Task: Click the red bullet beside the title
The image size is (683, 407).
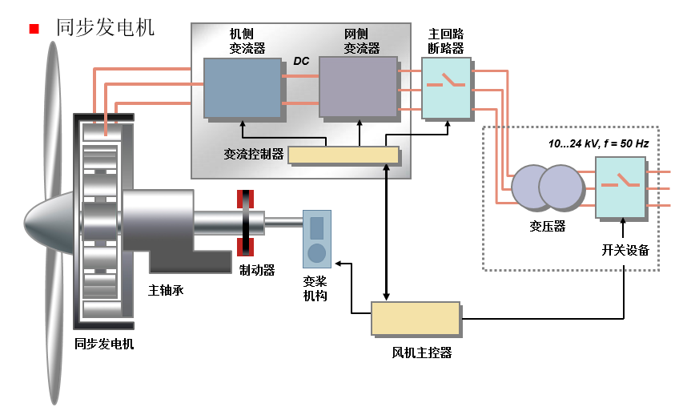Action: coord(34,30)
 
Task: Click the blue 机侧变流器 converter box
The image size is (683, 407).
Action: coord(242,87)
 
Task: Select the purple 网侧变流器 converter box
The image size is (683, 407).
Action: coord(358,87)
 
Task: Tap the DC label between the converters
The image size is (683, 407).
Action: coord(301,61)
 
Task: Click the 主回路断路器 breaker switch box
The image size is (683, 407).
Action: coord(446,88)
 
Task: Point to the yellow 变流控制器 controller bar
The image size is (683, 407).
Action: coord(343,155)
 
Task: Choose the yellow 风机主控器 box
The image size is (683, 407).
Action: coord(415,318)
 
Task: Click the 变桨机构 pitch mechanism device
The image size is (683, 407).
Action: coord(316,238)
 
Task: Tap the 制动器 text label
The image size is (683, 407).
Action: coord(257,271)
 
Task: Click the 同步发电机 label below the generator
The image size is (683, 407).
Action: coord(104,345)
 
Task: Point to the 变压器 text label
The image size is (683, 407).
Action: coord(548,227)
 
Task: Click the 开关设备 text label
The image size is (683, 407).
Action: coord(625,250)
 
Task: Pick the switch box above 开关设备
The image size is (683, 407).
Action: coord(620,187)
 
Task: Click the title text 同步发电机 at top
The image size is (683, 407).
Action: coord(105,27)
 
